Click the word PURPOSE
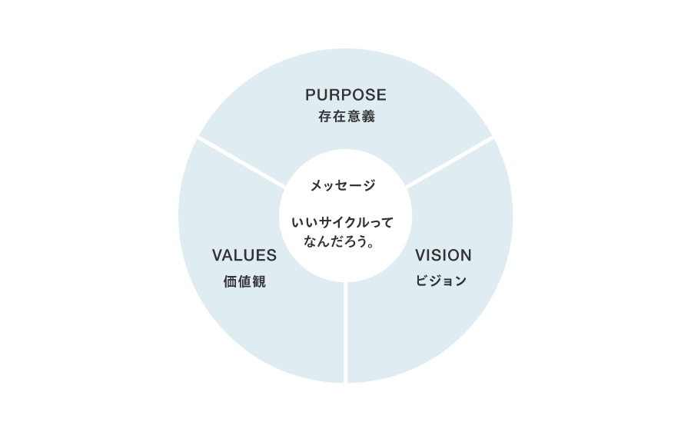[346, 95]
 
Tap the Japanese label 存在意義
[347, 116]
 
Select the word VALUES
[244, 255]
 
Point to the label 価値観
[244, 281]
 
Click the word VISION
[444, 255]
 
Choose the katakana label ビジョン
[441, 281]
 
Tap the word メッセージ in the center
[343, 185]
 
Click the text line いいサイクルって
[342, 223]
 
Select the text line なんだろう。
[339, 241]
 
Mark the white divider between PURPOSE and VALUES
[241, 163]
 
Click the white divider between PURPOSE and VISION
[450, 162]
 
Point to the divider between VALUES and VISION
[346, 332]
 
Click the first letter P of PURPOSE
[311, 95]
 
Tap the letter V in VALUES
[218, 255]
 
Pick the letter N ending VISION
[467, 255]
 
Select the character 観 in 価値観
[259, 281]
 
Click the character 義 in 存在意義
[368, 116]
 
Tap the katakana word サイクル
[344, 223]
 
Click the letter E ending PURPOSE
[382, 95]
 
